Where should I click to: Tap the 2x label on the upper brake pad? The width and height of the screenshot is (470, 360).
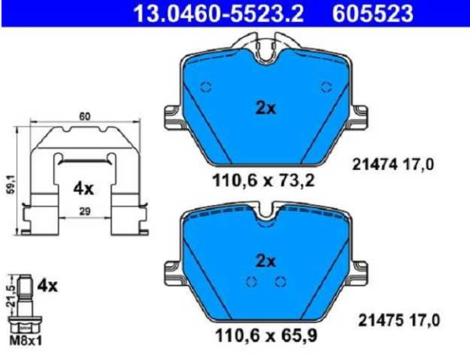click(x=266, y=109)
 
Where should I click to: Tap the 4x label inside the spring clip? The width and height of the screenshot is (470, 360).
click(x=84, y=188)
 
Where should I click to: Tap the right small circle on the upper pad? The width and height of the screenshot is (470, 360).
click(x=327, y=88)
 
